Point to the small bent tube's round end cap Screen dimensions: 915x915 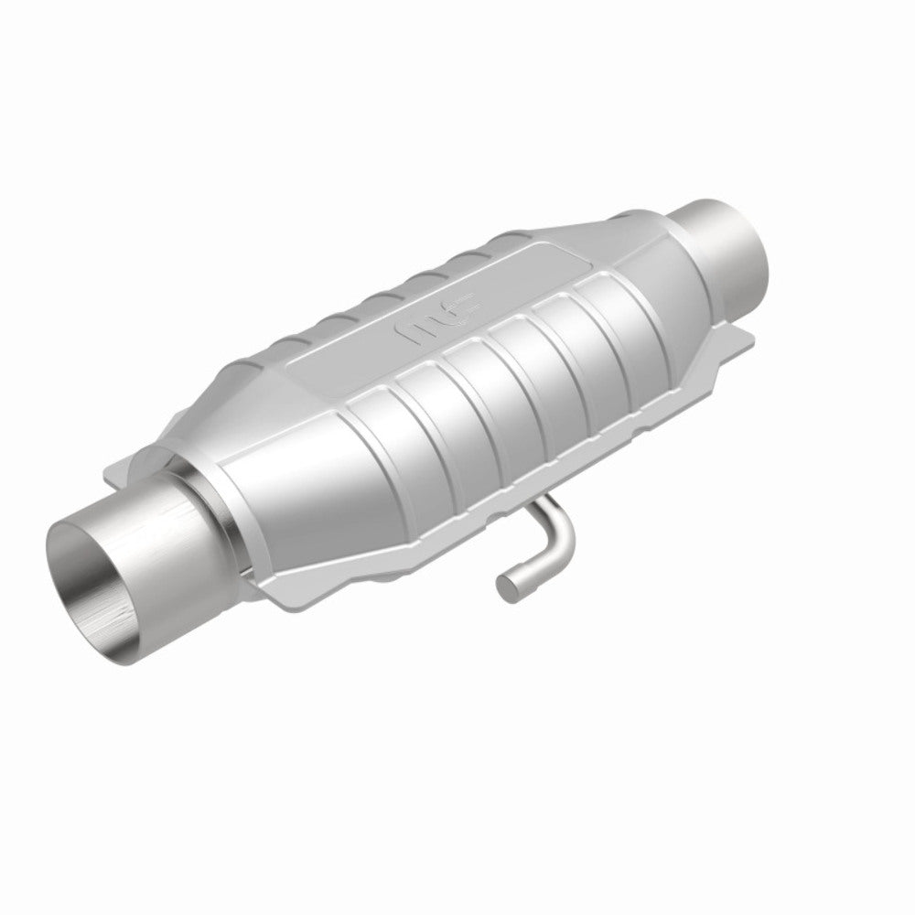click(506, 585)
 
